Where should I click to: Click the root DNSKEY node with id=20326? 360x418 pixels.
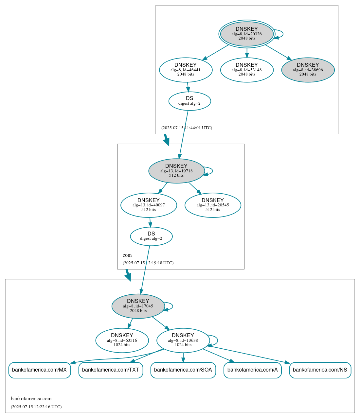[x=247, y=34]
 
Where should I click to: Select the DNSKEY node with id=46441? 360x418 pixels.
[x=186, y=70]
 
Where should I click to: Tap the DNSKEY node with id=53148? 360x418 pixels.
[x=247, y=70]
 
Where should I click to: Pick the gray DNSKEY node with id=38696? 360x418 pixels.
[x=308, y=70]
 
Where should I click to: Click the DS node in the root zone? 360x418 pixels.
[x=189, y=101]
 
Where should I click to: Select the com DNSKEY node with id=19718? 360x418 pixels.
[x=176, y=171]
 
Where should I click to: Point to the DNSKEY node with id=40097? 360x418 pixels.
[x=149, y=205]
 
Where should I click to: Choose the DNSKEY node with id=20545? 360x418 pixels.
[x=213, y=205]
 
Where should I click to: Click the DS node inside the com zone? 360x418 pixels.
[x=151, y=236]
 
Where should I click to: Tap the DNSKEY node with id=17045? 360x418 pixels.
[x=138, y=306]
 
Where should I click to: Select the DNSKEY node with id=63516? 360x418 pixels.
[x=122, y=340]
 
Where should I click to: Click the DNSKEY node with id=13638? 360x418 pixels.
[x=183, y=340]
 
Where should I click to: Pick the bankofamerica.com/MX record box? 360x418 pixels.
[x=39, y=370]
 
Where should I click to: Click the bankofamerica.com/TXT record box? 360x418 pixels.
[x=111, y=370]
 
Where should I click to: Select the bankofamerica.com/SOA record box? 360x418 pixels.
[x=183, y=370]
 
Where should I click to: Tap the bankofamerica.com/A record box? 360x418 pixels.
[x=252, y=370]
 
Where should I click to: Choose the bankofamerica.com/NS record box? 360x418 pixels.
[x=320, y=370]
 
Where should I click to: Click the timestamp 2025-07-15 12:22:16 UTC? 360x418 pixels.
[x=36, y=407]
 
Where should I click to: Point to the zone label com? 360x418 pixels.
[x=127, y=255]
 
